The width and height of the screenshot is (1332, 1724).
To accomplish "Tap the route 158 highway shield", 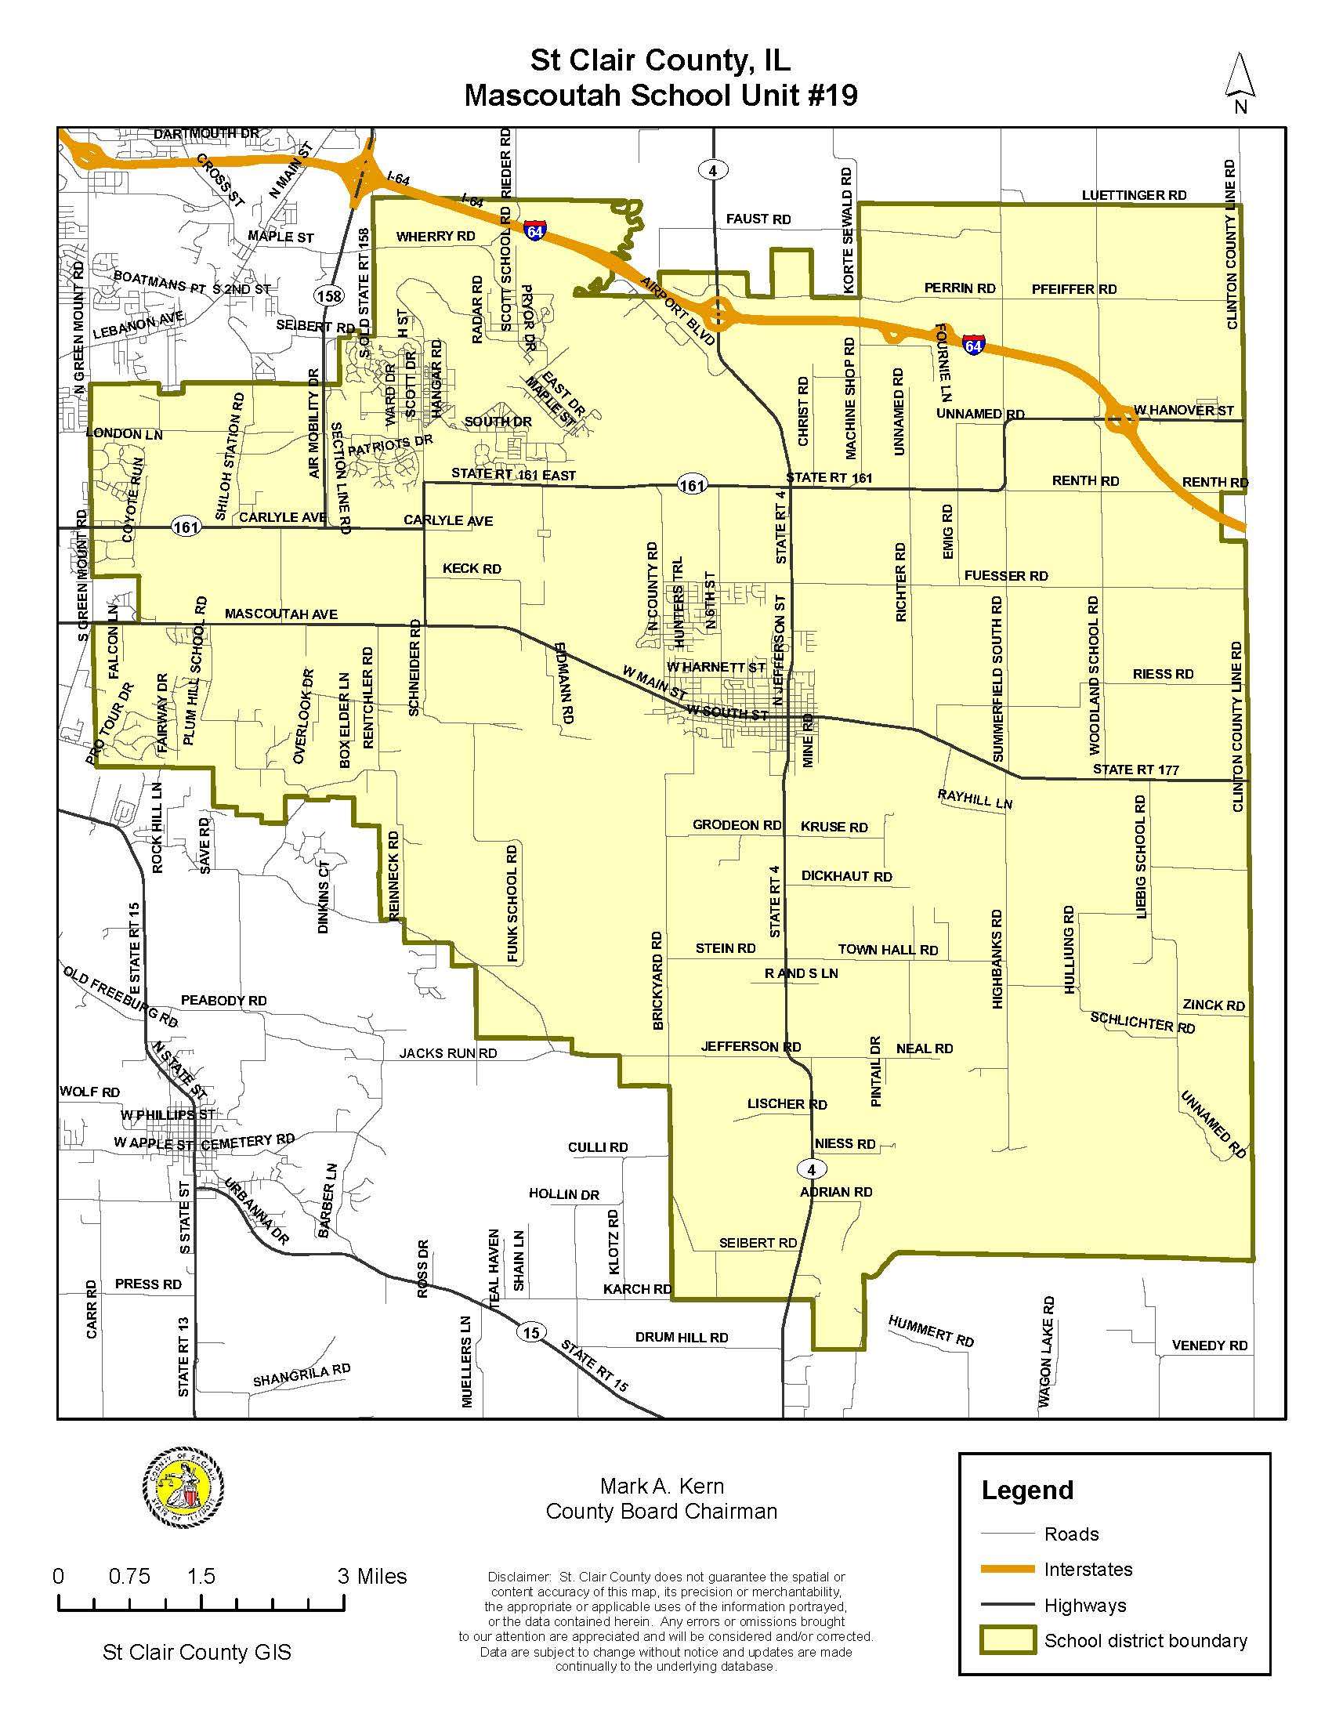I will [x=328, y=296].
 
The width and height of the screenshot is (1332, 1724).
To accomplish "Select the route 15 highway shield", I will [x=531, y=1332].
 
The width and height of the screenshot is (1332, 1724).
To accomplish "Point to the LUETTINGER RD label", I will [x=1133, y=195].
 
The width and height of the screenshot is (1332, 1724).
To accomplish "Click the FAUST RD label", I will [x=758, y=219].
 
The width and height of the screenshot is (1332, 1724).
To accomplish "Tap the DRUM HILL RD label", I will [x=681, y=1337].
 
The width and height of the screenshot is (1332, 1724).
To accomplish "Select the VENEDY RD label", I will [x=1209, y=1345].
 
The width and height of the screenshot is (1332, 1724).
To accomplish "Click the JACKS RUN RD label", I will [x=447, y=1053].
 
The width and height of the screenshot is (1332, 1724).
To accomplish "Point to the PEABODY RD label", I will [x=223, y=1000].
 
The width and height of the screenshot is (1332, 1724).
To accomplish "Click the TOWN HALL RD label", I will [x=888, y=950].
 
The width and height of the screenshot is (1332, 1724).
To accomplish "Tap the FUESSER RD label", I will [x=1005, y=576].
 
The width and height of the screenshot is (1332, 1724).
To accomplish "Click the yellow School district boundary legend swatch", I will [x=1007, y=1640].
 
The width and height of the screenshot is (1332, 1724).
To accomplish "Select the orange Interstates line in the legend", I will [x=1007, y=1570].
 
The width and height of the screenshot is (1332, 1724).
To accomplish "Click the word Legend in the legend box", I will [x=1026, y=1490].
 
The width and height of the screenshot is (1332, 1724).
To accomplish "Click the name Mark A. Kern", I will [x=661, y=1487].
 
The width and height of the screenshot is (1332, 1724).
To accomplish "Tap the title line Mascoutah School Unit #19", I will [x=661, y=96].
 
